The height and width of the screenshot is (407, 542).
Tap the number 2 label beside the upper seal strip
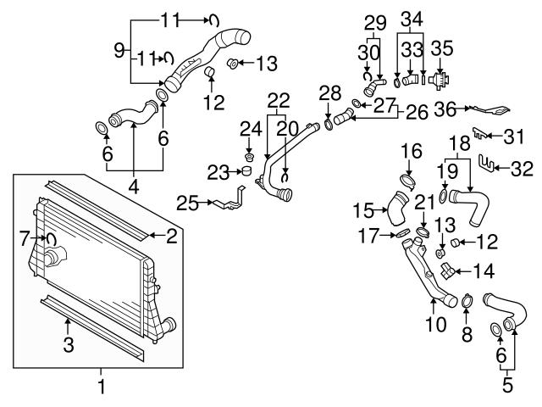pyautogui.click(x=171, y=237)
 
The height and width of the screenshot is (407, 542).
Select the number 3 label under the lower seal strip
pyautogui.click(x=69, y=344)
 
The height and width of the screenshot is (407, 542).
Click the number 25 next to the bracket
pyautogui.click(x=187, y=203)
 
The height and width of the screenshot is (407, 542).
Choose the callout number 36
pyautogui.click(x=445, y=108)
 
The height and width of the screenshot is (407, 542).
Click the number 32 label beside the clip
pyautogui.click(x=522, y=169)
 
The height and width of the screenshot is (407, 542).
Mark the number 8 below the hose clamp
pyautogui.click(x=465, y=334)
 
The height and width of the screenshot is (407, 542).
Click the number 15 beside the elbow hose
pyautogui.click(x=363, y=209)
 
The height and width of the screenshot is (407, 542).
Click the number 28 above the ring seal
pyautogui.click(x=329, y=91)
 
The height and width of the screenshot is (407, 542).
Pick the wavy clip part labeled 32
pyautogui.click(x=486, y=161)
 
